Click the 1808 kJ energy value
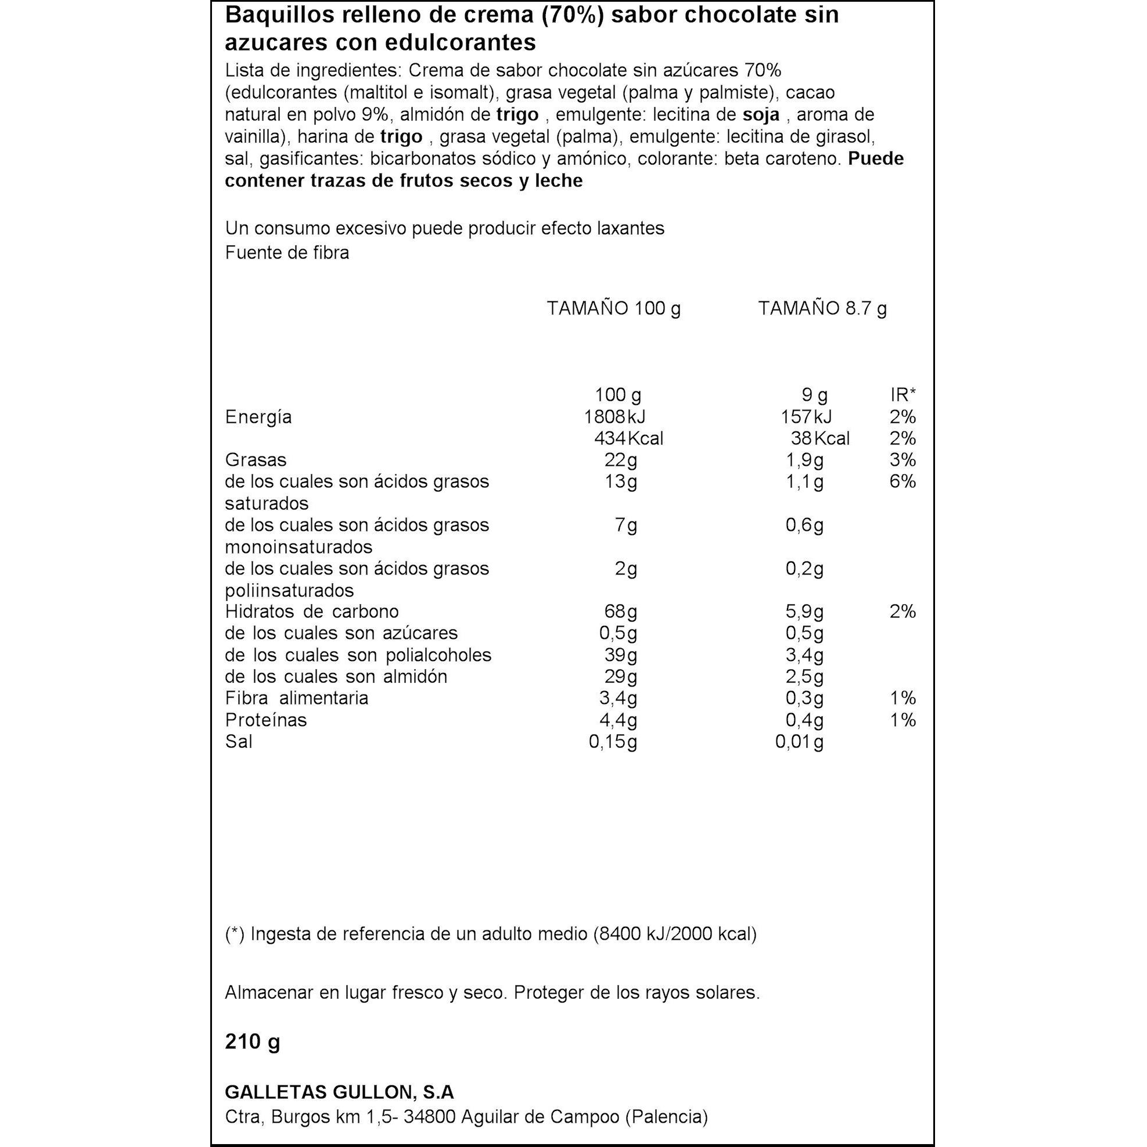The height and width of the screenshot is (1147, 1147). [614, 417]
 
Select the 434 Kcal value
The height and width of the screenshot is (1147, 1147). [628, 438]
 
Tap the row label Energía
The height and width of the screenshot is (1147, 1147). [258, 418]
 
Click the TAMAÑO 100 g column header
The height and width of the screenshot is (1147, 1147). [613, 309]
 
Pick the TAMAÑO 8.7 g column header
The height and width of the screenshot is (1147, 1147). [822, 309]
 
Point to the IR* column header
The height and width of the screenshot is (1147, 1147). [903, 395]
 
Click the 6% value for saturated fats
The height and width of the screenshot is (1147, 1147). [903, 481]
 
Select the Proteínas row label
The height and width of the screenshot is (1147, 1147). [266, 720]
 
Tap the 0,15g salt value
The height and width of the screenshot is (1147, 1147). [613, 742]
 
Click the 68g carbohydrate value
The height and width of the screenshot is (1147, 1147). [620, 612]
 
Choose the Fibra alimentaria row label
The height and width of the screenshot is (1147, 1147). [296, 698]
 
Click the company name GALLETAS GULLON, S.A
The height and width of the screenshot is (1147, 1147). [339, 1092]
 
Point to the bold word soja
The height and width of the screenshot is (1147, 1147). [761, 114]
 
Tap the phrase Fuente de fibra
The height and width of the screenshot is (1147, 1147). [287, 253]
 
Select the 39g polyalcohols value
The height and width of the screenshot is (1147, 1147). [620, 656]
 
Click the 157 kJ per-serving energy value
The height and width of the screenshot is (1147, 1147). [806, 417]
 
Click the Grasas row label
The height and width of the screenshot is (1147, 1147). [256, 460]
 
